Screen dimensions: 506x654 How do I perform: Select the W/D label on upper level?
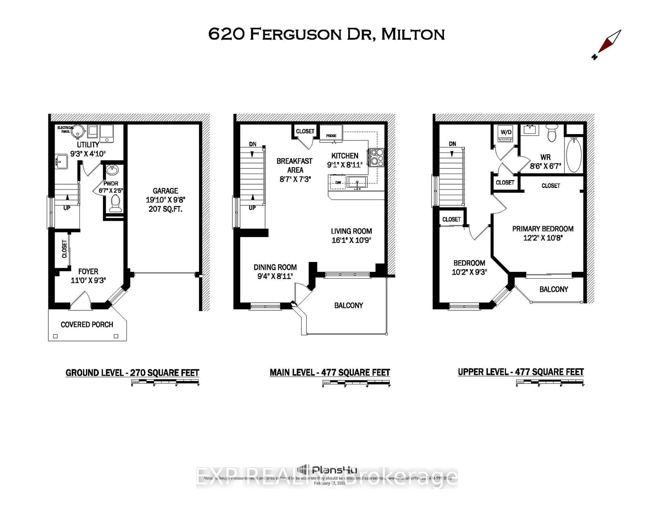[506, 132]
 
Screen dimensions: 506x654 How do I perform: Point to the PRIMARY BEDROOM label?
[543, 229]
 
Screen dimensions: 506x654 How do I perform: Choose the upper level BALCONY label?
[553, 289]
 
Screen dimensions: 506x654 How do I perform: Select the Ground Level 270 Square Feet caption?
[132, 373]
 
